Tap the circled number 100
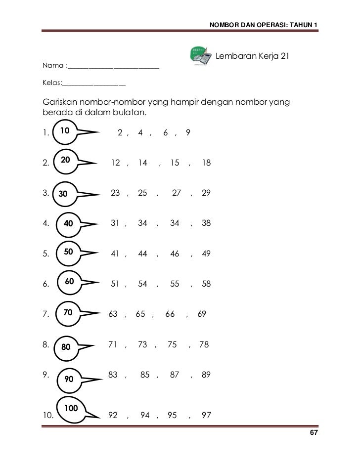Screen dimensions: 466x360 (71, 408)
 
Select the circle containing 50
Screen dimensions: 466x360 (69, 252)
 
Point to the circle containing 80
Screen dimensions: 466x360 (66, 347)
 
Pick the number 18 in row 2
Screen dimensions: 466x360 (206, 162)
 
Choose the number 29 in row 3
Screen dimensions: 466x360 (206, 194)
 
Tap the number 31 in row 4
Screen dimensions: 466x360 (115, 223)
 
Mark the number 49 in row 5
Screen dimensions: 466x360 (206, 254)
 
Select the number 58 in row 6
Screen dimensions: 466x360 (206, 284)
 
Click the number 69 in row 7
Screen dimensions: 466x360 (201, 314)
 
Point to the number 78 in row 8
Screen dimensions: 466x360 (204, 344)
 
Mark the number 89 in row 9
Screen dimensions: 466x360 (206, 375)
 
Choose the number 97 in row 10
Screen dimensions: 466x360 (206, 415)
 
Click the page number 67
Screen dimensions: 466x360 (313, 433)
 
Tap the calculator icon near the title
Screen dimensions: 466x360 (202, 57)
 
